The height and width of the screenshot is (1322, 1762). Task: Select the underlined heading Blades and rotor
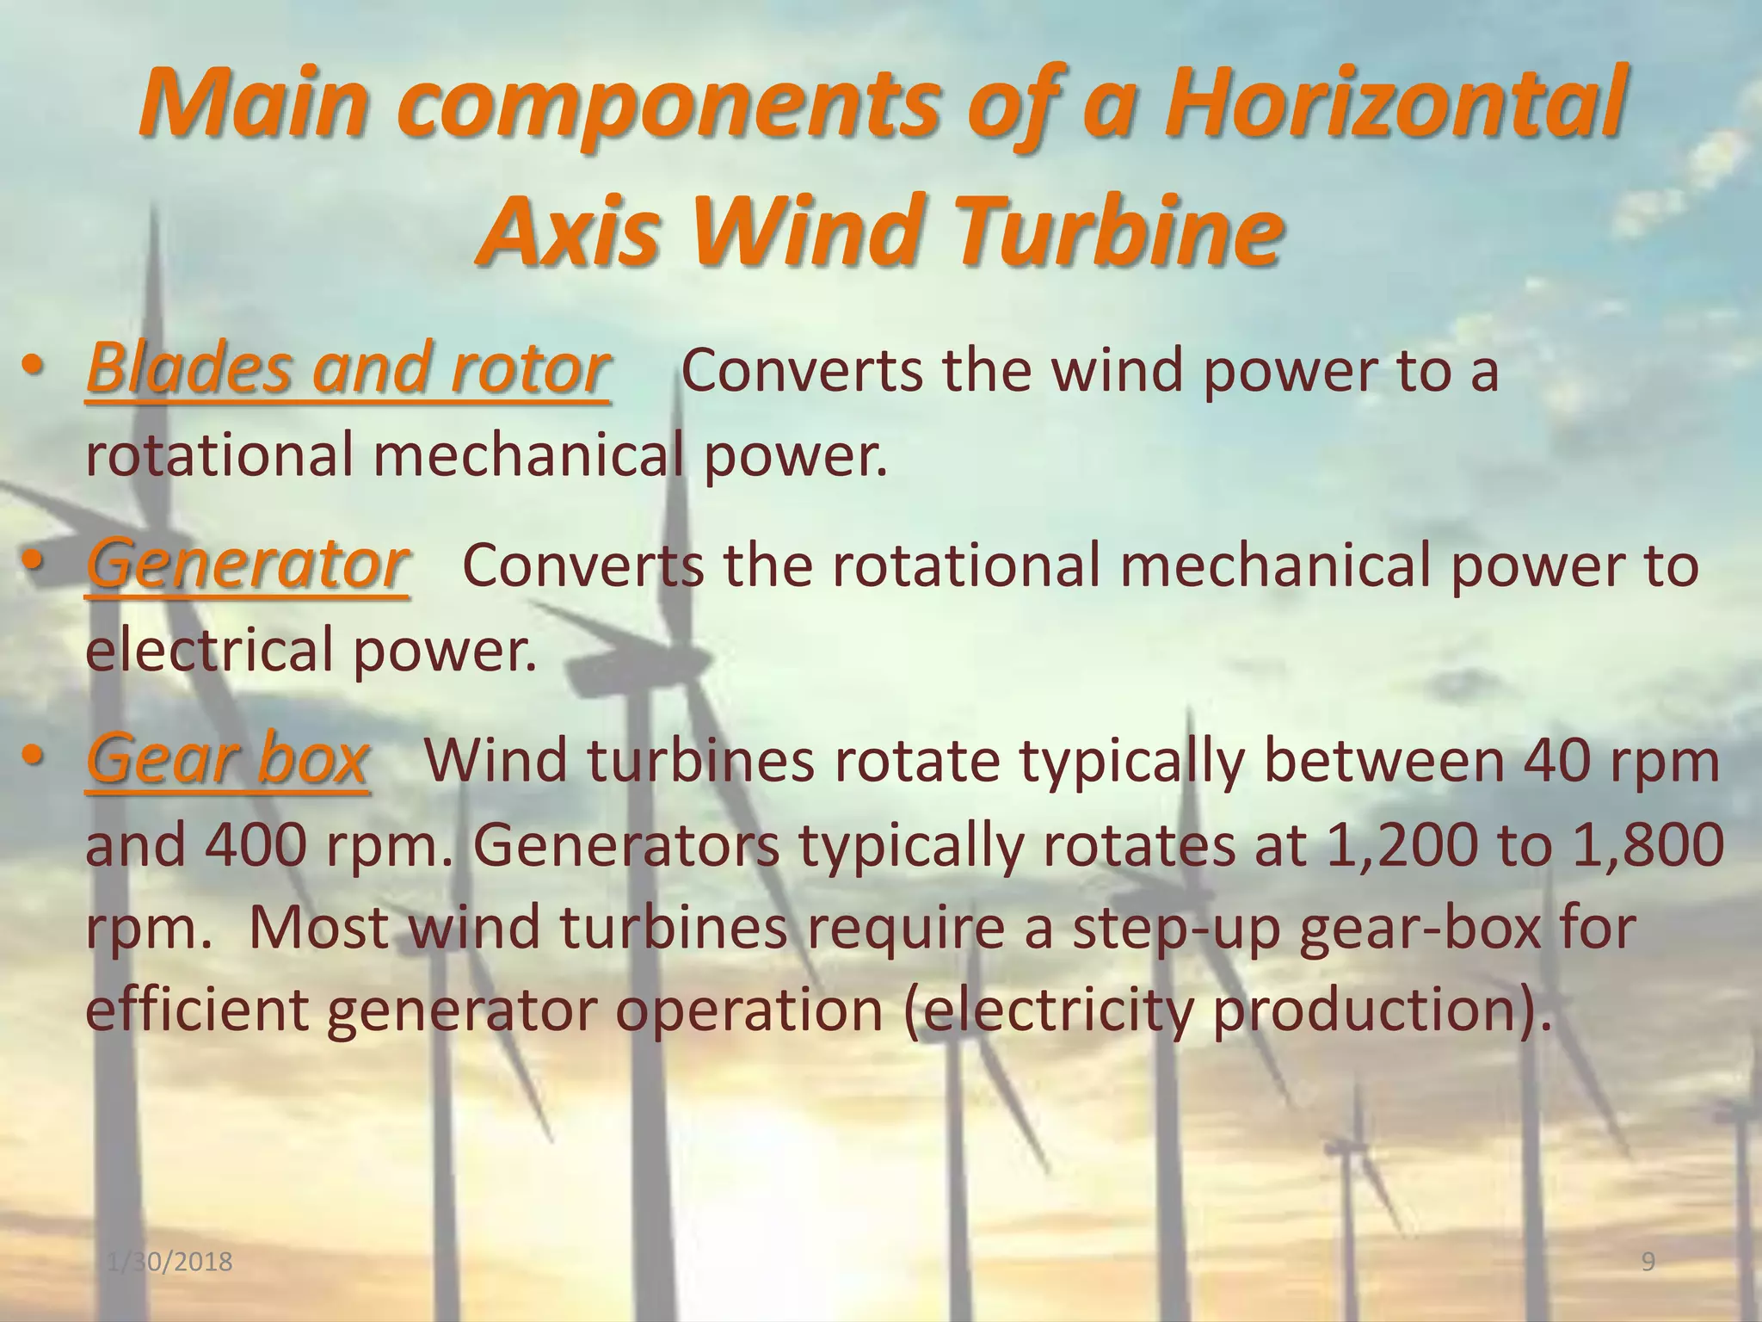[x=348, y=368]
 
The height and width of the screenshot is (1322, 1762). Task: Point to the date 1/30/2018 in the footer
[x=171, y=1262]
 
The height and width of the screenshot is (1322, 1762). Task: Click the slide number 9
[x=1648, y=1262]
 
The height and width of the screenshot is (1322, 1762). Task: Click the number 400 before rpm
[x=256, y=844]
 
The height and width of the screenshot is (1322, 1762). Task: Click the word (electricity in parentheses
[x=1048, y=1009]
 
